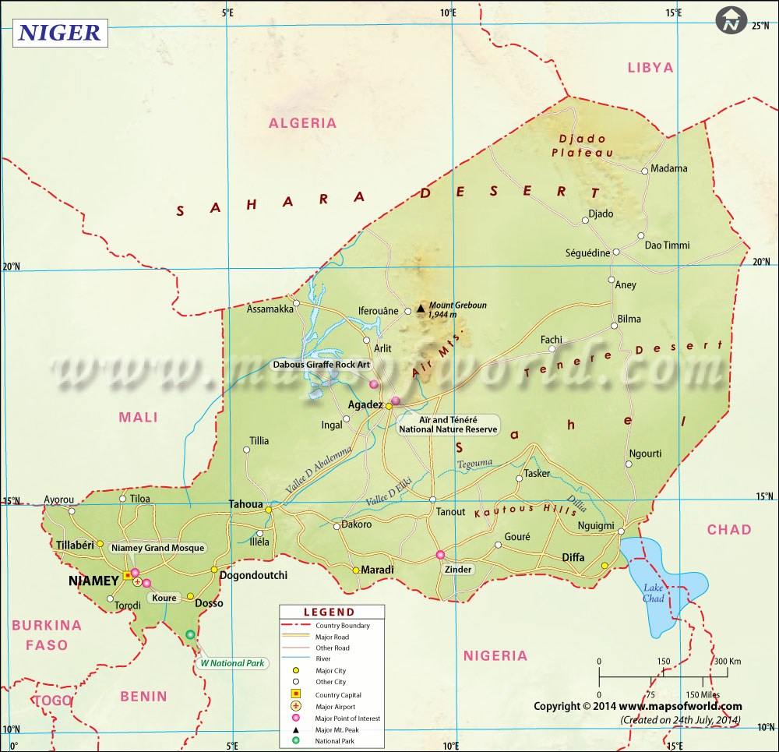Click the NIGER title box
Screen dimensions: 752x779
click(59, 33)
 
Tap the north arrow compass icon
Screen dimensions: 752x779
click(731, 21)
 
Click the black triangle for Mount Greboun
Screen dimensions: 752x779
click(421, 309)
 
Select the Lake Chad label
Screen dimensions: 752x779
click(654, 593)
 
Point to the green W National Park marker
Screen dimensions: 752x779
click(191, 635)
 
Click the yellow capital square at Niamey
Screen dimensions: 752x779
click(128, 576)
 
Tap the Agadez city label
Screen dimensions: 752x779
click(365, 405)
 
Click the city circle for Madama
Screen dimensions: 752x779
click(645, 171)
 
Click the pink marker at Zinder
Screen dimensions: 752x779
click(440, 555)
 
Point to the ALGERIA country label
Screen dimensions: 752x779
click(302, 123)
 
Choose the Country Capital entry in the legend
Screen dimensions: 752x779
click(338, 694)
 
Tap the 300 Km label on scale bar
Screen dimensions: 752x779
click(727, 662)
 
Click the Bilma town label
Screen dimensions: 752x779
click(629, 319)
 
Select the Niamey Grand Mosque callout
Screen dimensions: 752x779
click(158, 548)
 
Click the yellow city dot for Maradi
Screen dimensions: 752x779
click(356, 570)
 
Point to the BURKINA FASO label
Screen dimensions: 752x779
click(46, 634)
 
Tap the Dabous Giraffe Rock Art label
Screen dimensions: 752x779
click(320, 364)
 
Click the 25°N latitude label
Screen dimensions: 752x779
click(760, 26)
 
